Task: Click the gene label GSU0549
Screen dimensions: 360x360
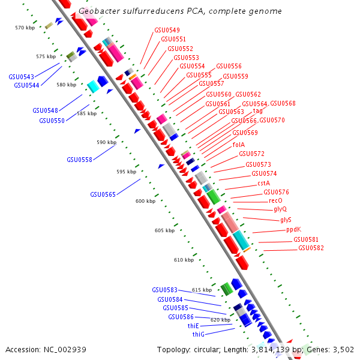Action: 167,30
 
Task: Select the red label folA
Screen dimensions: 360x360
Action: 238,145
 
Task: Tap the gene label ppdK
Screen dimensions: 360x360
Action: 293,229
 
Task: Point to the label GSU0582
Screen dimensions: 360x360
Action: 311,248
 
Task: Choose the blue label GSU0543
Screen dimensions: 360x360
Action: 21,77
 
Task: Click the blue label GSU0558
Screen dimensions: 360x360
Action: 79,160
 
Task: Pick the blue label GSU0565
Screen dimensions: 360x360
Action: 103,194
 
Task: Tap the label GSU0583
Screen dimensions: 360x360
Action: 164,290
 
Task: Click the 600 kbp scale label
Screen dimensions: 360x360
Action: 145,201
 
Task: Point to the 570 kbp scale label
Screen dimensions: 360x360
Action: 25,28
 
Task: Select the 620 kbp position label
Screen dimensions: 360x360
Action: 220,320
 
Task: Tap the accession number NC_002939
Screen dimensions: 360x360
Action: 65,349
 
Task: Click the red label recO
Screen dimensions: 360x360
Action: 275,200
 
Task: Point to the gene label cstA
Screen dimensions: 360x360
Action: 263,183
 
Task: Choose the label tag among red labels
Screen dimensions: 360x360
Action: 257,110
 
